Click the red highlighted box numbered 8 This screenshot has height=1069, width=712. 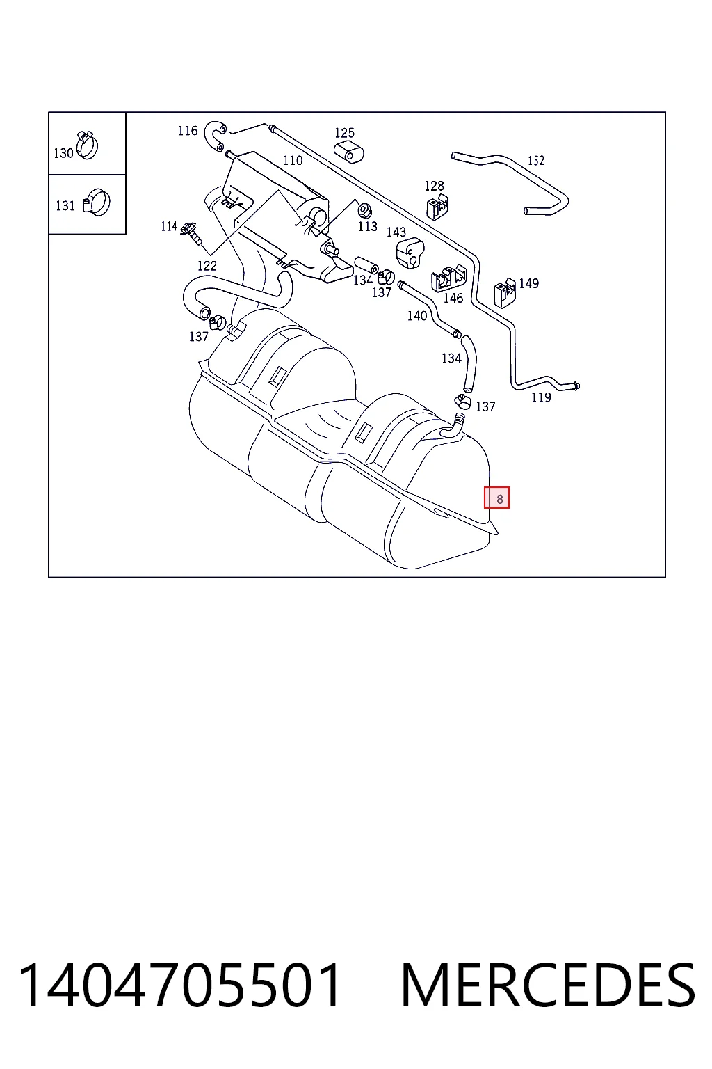click(496, 498)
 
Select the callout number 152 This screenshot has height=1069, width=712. click(535, 160)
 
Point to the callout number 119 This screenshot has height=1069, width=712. click(541, 397)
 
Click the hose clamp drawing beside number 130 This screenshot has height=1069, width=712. click(87, 144)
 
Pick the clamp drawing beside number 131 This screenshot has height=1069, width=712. click(97, 203)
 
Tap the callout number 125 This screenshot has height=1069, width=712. click(344, 133)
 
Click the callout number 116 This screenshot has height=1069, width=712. click(188, 131)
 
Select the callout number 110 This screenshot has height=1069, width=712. click(292, 160)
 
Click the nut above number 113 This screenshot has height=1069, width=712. click(365, 210)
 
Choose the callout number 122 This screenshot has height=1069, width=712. click(207, 266)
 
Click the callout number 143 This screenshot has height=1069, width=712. click(396, 232)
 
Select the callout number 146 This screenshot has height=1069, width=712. click(453, 299)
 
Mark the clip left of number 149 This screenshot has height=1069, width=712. click(505, 292)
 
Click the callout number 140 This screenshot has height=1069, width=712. click(416, 316)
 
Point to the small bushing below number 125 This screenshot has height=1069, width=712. click(348, 151)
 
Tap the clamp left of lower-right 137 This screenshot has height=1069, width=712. click(462, 402)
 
